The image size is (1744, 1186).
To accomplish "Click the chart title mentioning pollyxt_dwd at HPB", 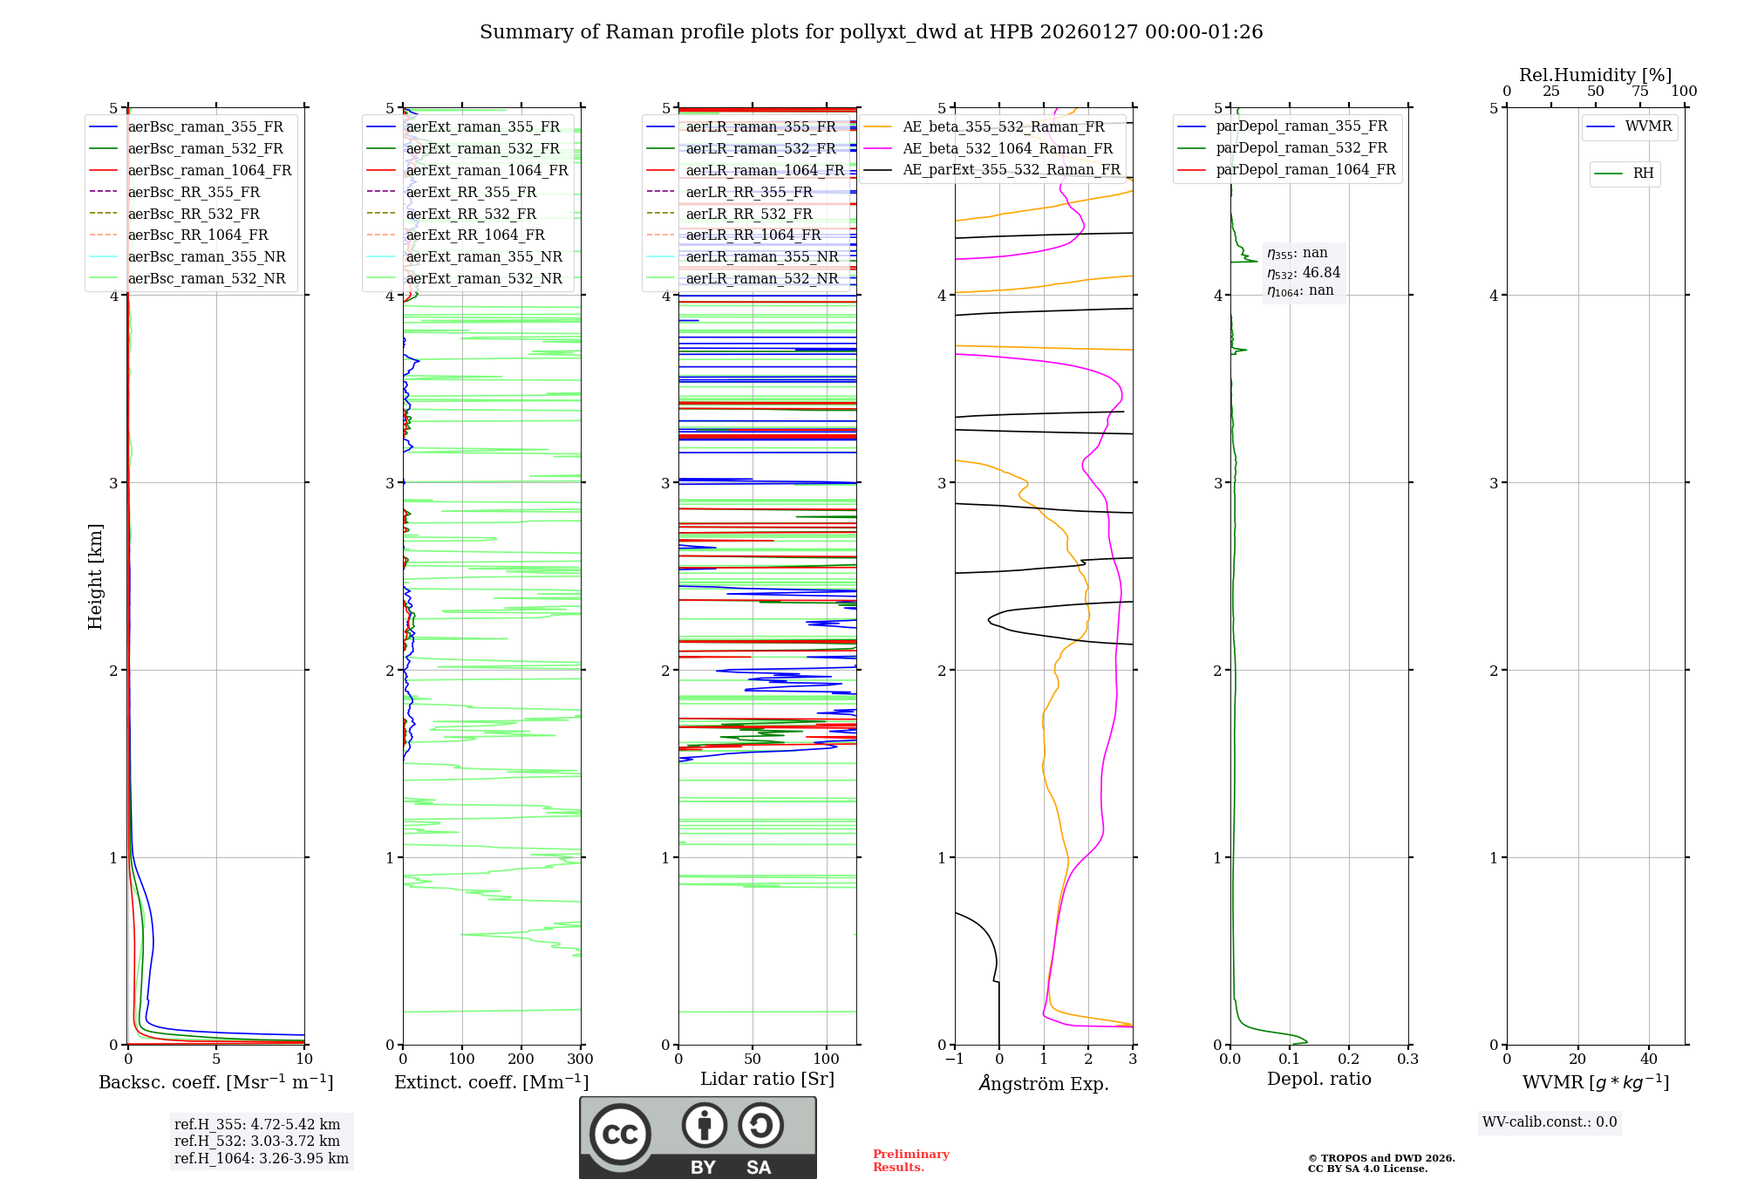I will coord(871,32).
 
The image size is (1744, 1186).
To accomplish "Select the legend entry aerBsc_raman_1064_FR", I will coord(209,170).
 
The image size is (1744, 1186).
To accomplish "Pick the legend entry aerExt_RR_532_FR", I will coord(471,214).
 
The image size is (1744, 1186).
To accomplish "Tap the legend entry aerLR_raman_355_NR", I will coord(762,256).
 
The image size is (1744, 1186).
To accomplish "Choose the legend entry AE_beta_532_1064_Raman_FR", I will coord(1007,148).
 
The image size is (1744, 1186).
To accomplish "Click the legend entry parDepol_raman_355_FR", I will coord(1301,126).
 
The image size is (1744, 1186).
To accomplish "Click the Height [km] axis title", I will coord(95,576).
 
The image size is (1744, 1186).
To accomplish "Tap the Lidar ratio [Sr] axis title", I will coord(767,1079).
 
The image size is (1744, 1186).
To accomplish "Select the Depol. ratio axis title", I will coord(1318,1079).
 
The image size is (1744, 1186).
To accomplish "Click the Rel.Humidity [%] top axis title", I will coord(1595,75).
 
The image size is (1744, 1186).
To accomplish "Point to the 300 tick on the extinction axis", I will coord(580,1060).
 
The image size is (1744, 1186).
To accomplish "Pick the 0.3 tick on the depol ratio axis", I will coord(1407,1060).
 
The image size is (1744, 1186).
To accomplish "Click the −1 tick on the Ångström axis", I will coord(955,1060).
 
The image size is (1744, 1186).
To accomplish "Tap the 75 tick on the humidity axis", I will coord(1639,92).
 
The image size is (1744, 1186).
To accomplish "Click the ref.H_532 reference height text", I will coord(256,1141).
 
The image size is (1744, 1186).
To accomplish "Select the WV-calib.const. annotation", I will coord(1550,1122).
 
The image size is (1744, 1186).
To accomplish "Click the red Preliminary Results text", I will coord(910,1161).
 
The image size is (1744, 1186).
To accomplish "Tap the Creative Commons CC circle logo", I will coord(620,1135).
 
